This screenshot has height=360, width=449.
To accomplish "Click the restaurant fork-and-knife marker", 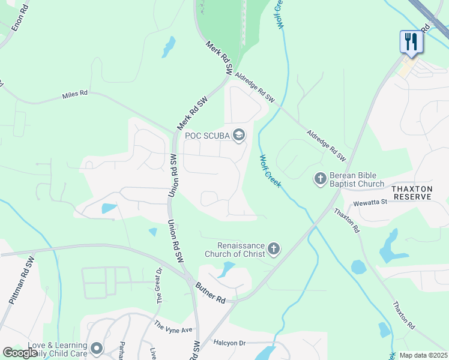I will click(x=411, y=41).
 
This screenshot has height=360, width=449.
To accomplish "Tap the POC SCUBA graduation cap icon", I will click(x=239, y=135).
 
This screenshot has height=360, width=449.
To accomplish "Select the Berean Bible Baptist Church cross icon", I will click(x=320, y=178).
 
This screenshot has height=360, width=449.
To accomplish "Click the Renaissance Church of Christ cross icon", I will click(x=274, y=248).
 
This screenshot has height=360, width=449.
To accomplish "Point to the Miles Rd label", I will click(x=75, y=95).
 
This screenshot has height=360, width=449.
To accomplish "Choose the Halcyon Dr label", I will click(x=229, y=343).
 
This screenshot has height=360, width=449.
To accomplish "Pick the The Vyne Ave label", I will click(x=173, y=328).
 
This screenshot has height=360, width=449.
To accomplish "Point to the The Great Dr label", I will click(x=160, y=284).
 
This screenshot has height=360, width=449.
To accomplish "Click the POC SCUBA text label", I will click(x=207, y=136).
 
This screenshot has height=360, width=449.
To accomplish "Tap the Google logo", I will click(x=19, y=353).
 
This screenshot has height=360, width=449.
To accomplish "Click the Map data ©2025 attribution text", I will click(x=423, y=355).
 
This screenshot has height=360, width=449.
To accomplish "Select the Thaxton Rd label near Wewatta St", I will click(x=346, y=220).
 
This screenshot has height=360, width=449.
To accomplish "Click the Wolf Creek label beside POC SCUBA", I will click(x=271, y=170).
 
